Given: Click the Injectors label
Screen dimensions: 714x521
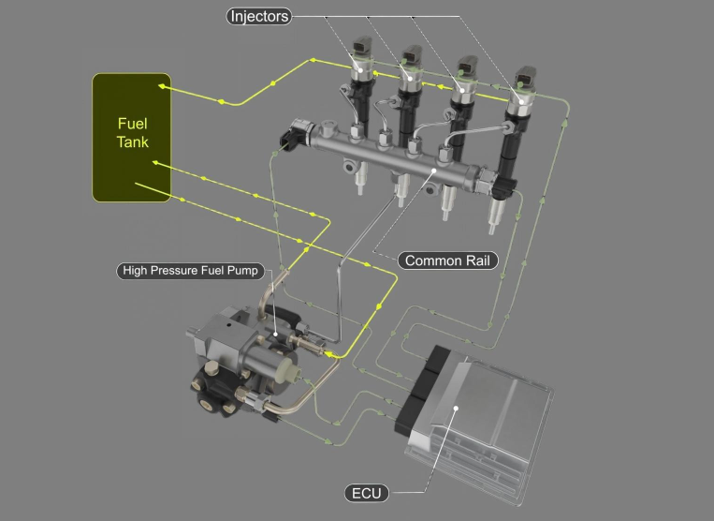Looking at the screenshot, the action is [258, 17].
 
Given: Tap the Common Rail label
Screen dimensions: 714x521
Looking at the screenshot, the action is [447, 260].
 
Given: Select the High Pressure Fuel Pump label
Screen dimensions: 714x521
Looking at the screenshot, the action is [190, 271].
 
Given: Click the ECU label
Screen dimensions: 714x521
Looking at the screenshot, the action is [367, 493].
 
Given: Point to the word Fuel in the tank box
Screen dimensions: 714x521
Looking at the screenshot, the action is [133, 124].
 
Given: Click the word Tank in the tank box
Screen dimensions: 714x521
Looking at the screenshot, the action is [133, 141].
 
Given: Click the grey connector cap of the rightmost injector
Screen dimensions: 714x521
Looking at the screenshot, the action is [526, 76].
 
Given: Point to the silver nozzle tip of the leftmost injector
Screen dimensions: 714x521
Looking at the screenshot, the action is [359, 180].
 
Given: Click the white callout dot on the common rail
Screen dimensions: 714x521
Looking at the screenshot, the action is [434, 171].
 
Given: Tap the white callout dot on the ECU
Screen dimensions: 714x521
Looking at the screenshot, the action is [456, 408].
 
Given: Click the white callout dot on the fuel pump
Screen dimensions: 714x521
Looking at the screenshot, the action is [275, 335].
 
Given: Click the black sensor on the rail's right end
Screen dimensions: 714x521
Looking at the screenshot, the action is [504, 186].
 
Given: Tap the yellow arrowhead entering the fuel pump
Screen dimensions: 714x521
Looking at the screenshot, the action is [328, 353].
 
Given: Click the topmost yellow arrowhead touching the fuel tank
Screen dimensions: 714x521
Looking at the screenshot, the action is [162, 85].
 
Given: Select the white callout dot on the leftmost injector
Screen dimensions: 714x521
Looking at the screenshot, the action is [360, 70].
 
